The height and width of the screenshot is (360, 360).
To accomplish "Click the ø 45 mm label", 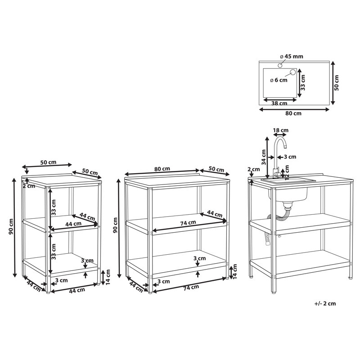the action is coord(292,56).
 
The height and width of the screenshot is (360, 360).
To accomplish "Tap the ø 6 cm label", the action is coord(279,80).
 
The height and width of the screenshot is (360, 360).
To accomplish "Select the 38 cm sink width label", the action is coord(279,103).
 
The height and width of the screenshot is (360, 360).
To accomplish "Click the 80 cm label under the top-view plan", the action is coord(293,113).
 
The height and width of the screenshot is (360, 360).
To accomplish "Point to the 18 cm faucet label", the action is coord(280,130).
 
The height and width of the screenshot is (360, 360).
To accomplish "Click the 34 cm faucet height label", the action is coord(264,157).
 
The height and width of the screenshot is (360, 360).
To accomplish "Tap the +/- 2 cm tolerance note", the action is coord(325,303).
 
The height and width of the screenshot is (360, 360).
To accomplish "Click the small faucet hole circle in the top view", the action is coord(280,66).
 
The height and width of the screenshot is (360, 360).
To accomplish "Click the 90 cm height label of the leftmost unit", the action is coord(11,226).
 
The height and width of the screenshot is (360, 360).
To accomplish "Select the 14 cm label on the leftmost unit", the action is coord(108,277).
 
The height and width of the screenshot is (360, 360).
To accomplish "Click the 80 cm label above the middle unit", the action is coord(162,169).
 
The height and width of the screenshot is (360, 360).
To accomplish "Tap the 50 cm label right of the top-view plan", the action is coord(336,83).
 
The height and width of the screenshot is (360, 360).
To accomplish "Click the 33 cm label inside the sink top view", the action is coord(303,83).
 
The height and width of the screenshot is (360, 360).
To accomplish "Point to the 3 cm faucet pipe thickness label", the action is coord(290,157).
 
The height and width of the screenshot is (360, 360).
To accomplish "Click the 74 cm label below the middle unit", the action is coord(191,288).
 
